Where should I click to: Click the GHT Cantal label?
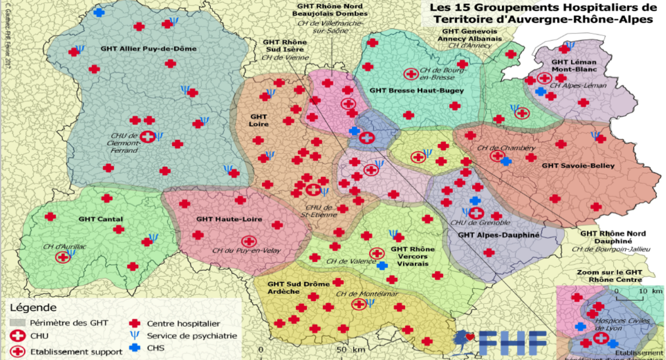tap(101, 219)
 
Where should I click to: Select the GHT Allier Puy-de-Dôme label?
tap(148, 49)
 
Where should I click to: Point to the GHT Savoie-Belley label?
tap(578, 166)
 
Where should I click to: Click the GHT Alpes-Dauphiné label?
tap(498, 235)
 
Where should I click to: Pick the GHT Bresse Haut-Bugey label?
tap(417, 90)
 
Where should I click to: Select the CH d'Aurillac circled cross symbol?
tap(63, 257)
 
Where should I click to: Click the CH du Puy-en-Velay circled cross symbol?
tap(249, 242)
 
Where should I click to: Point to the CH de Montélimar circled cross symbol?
tap(358, 304)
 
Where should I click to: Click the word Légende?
tap(33, 308)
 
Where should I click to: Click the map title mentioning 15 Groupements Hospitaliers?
tap(542, 13)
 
